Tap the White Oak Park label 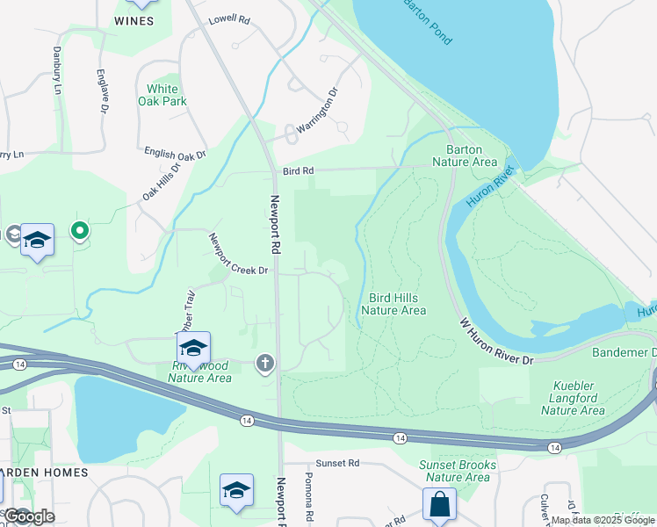(x=162, y=95)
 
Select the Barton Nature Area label (x=465, y=155)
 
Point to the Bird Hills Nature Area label (x=393, y=304)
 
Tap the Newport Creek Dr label (x=237, y=254)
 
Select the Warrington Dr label (x=316, y=110)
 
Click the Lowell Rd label (x=229, y=19)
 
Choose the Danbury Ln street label (x=57, y=71)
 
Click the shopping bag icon (x=439, y=506)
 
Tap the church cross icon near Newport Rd (x=265, y=363)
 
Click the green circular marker (x=80, y=231)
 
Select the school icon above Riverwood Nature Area (x=193, y=348)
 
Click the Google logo (x=29, y=516)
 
